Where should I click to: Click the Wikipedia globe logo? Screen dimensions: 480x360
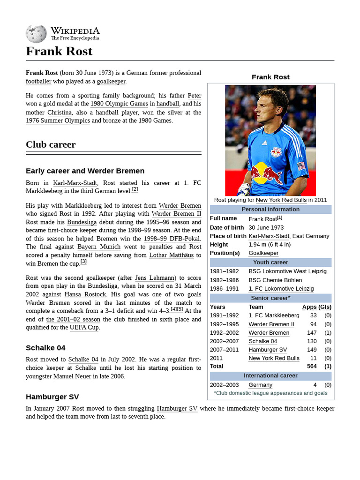(x=36, y=34)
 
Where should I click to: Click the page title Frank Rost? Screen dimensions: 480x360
(x=59, y=51)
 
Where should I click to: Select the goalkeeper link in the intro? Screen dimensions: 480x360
(x=111, y=81)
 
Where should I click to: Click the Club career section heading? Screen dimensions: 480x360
(x=51, y=144)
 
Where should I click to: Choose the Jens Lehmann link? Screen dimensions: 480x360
(x=154, y=278)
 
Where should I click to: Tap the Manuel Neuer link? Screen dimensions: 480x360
(x=72, y=376)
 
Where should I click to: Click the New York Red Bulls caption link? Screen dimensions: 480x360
(x=281, y=200)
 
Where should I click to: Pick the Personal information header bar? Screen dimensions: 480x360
(x=270, y=210)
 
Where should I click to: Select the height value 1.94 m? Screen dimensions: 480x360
(x=270, y=245)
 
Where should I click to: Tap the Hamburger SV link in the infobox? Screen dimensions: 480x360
(x=268, y=350)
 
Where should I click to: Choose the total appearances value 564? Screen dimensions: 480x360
(x=311, y=366)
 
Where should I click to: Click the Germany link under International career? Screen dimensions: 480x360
(x=260, y=385)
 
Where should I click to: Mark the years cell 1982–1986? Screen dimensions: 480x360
(x=224, y=280)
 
